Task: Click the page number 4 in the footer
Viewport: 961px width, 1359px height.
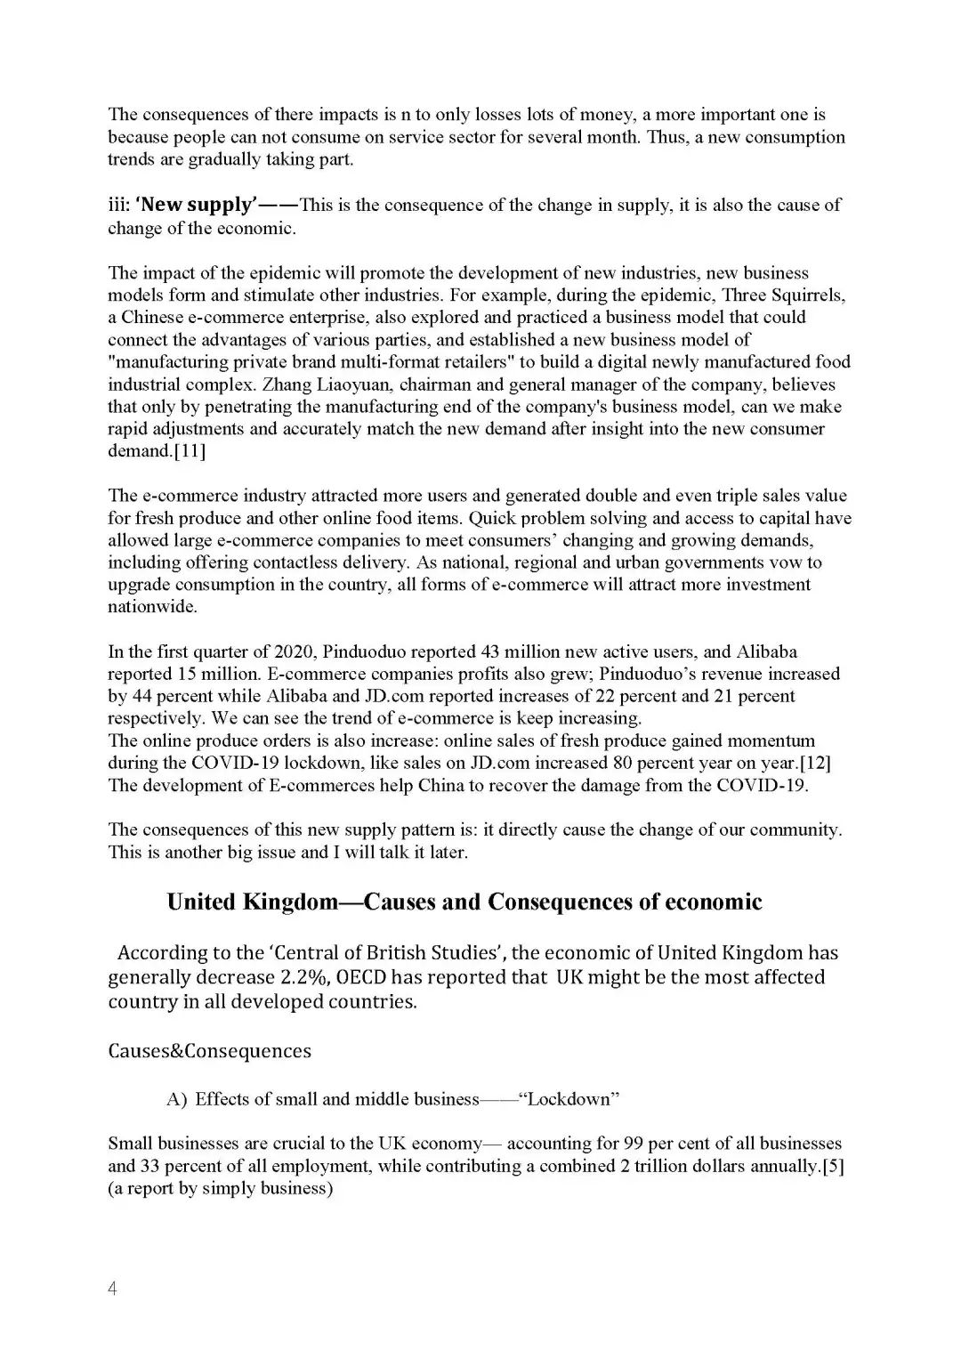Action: click(x=113, y=1289)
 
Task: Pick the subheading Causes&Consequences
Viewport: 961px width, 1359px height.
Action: click(x=209, y=1051)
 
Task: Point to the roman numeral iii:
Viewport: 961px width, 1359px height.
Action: click(x=119, y=205)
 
